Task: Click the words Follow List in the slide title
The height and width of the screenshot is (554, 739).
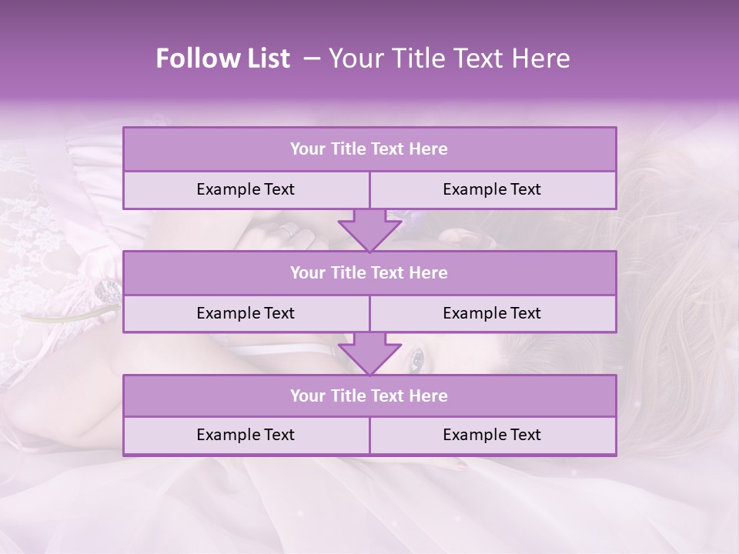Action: (x=222, y=58)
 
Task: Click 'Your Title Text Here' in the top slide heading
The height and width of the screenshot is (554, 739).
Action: (x=449, y=58)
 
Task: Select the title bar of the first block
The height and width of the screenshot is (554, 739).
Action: (x=369, y=149)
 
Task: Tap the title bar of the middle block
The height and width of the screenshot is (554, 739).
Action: (x=369, y=272)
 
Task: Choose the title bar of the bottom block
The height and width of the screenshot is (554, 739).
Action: (x=369, y=395)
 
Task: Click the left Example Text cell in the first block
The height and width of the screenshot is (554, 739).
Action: (x=246, y=190)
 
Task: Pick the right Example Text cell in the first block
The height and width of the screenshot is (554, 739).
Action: (x=492, y=190)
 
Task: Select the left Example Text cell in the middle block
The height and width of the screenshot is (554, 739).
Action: (x=246, y=313)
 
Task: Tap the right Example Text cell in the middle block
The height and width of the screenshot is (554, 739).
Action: (x=492, y=313)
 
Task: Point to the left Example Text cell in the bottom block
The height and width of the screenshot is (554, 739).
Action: (x=246, y=435)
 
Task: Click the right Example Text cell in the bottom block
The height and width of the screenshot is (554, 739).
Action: (x=492, y=435)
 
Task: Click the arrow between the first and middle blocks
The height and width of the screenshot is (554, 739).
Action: (x=369, y=230)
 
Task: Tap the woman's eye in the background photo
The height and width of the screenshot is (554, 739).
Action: (x=416, y=359)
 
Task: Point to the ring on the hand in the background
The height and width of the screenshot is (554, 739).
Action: (x=286, y=230)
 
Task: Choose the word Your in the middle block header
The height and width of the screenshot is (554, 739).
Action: (x=307, y=272)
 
